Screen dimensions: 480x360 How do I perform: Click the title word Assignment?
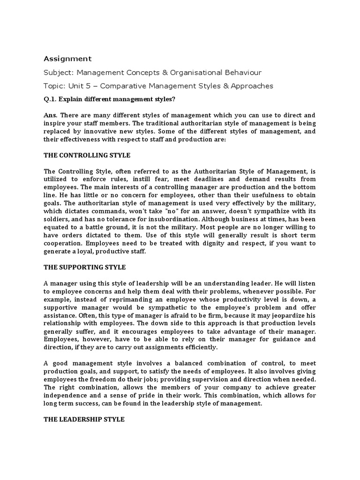67,59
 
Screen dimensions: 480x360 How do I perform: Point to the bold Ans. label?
51,114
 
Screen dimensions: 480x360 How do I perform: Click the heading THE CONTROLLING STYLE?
87,155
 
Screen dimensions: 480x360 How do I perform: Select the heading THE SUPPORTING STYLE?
85,267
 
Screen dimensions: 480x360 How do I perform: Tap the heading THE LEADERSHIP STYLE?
84,419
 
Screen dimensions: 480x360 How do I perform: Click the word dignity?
232,243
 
